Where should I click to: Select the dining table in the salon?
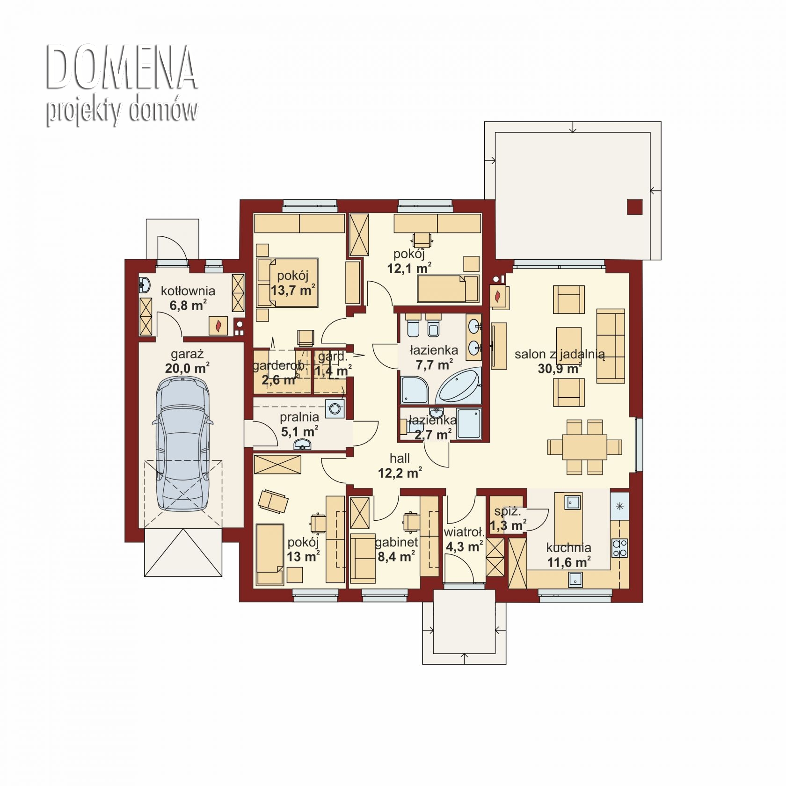585,447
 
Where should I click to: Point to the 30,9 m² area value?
560,368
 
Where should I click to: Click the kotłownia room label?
188,291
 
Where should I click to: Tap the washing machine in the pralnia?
335,408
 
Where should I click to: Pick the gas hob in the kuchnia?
620,548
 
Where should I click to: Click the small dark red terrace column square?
635,207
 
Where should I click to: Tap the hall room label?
400,458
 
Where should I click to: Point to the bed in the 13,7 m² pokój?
287,283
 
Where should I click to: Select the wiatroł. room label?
463,532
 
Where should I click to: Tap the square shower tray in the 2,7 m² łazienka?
469,424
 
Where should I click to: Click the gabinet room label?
396,543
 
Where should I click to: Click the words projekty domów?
122,111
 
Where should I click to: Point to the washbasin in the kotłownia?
145,284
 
